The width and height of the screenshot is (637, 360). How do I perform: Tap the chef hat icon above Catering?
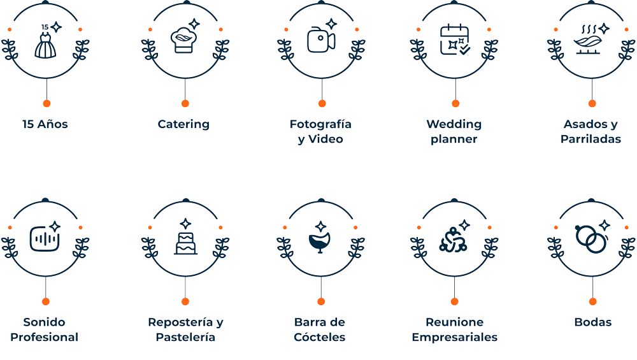click(183, 40)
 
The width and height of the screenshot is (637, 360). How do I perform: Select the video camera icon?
click(321, 40)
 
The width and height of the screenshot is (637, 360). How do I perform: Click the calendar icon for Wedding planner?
click(455, 40)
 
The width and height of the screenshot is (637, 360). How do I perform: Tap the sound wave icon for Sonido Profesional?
click(45, 238)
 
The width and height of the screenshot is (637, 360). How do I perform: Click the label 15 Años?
click(45, 124)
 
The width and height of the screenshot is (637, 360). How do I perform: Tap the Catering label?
click(183, 124)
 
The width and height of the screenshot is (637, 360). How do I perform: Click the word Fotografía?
click(320, 124)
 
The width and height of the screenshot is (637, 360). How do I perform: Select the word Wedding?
click(454, 124)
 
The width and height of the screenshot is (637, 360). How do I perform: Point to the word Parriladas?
click(590, 139)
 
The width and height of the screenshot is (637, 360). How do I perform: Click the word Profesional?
click(45, 337)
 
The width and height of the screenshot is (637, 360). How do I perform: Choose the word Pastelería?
click(185, 337)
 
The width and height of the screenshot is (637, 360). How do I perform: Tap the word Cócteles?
click(320, 337)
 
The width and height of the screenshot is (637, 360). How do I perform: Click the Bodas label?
click(593, 322)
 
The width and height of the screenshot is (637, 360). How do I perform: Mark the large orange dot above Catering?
click(185, 104)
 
